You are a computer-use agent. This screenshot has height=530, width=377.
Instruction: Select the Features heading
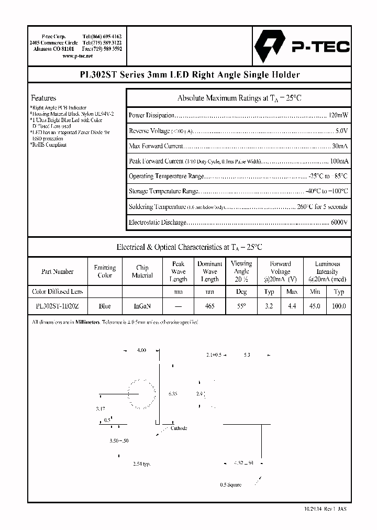(x=43, y=98)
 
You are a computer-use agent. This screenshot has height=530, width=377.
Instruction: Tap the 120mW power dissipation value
(x=337, y=115)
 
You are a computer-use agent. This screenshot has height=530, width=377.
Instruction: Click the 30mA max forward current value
(x=339, y=146)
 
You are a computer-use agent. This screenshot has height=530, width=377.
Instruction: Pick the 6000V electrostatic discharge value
(x=339, y=223)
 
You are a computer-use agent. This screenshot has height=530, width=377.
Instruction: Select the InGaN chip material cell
(x=142, y=306)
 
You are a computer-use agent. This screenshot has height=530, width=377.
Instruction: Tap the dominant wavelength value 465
(x=209, y=306)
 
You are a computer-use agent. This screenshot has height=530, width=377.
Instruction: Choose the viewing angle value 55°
(x=241, y=306)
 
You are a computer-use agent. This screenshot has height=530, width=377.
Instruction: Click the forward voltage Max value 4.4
(x=292, y=306)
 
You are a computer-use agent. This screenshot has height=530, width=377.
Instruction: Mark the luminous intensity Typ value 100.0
(x=339, y=306)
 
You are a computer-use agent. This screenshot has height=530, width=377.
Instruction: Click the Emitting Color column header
(x=105, y=271)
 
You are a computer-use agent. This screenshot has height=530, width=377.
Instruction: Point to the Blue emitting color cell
(x=105, y=306)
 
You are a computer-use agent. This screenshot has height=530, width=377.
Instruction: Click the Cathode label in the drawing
(x=179, y=428)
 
